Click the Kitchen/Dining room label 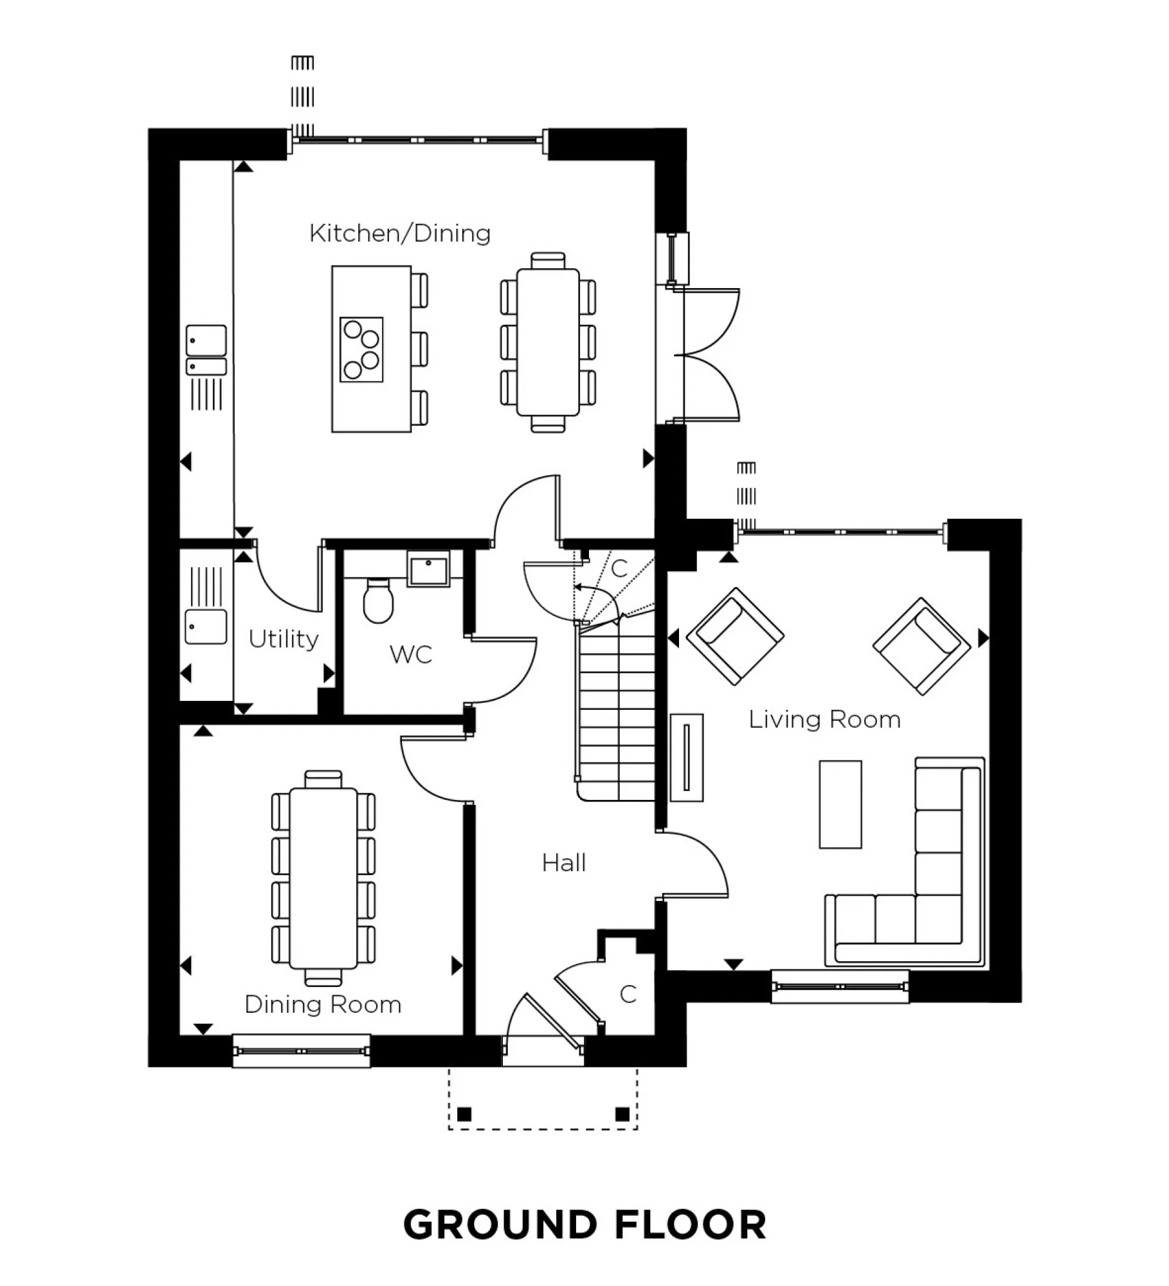tap(399, 233)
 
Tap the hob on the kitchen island tap(361, 350)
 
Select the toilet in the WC tap(377, 600)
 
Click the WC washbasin tap(429, 570)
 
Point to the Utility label tap(284, 639)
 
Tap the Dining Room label tap(323, 1004)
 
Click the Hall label tap(564, 863)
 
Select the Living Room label tap(824, 719)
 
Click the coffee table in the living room tap(840, 804)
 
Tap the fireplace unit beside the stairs tap(686, 757)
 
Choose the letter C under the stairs tap(619, 568)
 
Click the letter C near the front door tap(628, 994)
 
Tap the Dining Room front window tap(301, 1051)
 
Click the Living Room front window tap(840, 986)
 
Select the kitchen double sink tap(206, 350)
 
